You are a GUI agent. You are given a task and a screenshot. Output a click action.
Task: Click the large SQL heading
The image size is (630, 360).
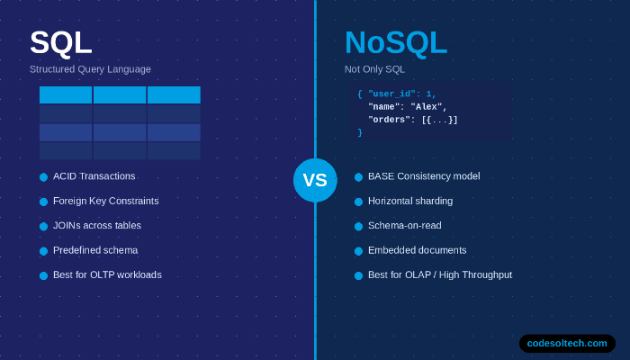60,43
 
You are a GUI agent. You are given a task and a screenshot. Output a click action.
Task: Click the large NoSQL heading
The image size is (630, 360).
395,43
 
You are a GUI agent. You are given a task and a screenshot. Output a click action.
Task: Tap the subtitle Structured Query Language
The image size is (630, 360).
90,69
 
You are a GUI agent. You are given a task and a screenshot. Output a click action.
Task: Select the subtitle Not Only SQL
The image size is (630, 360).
374,69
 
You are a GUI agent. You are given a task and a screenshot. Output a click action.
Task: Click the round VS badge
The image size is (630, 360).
315,180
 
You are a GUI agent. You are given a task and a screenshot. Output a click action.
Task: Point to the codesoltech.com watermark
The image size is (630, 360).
567,343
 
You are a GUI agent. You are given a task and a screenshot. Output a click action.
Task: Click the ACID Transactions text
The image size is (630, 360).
94,176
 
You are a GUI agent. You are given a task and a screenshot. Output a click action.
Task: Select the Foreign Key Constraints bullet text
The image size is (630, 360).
105,201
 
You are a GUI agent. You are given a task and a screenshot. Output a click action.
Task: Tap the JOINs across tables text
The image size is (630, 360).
96,225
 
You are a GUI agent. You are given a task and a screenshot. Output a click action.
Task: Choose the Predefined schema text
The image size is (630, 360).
95,250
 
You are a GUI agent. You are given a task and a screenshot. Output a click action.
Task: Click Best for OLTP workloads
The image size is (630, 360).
107,274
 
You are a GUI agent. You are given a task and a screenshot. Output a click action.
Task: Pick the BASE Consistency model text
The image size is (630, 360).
424,176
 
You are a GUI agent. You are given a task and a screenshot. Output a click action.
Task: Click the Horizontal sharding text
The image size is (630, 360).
410,201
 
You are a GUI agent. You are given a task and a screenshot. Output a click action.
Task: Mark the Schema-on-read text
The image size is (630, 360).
404,225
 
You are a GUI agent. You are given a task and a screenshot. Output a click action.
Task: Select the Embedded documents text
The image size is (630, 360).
417,250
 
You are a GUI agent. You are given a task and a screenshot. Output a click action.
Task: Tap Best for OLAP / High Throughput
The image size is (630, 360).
439,274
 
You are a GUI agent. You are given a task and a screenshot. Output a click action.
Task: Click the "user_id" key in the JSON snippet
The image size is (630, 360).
392,94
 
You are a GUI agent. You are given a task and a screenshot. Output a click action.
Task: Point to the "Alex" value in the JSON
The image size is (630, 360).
428,106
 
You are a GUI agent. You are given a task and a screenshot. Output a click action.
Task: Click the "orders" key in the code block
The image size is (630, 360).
391,120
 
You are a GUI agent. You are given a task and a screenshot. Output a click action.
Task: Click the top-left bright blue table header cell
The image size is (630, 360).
66,94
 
